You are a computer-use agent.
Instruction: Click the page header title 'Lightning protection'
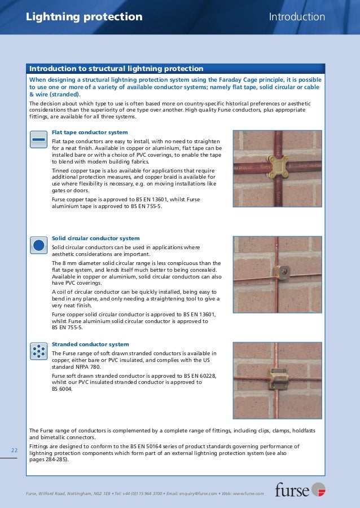pyautogui.click(x=84, y=17)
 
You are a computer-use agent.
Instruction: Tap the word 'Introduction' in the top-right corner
pyautogui.click(x=297, y=17)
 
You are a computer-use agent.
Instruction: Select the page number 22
pyautogui.click(x=15, y=450)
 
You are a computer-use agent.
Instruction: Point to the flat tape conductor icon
pyautogui.click(x=38, y=139)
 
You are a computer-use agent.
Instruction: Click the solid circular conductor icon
pyautogui.click(x=38, y=245)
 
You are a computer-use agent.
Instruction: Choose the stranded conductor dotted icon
pyautogui.click(x=38, y=351)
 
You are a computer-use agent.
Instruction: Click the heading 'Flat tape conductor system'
pyautogui.click(x=90, y=132)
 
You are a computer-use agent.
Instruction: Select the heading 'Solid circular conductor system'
pyautogui.click(x=96, y=238)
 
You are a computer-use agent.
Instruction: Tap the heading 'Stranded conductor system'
pyautogui.click(x=90, y=344)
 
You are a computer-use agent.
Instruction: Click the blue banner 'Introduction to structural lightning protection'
pyautogui.click(x=117, y=69)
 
